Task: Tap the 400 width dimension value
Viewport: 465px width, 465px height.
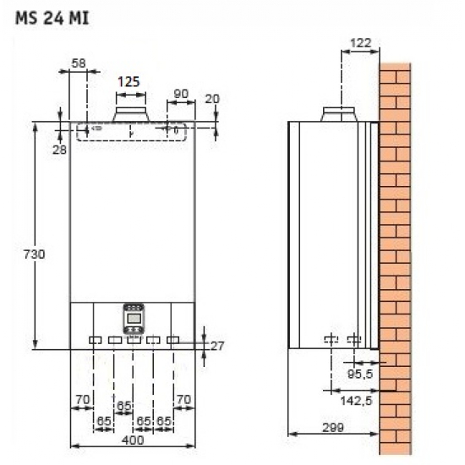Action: click(131, 439)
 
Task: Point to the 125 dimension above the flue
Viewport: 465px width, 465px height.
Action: click(129, 82)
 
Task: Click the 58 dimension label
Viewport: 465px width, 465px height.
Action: click(78, 63)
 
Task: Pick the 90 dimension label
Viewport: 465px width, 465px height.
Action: click(179, 92)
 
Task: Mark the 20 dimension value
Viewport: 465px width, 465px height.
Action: click(212, 98)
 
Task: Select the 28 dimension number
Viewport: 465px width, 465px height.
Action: click(59, 149)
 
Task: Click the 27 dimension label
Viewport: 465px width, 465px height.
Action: click(218, 345)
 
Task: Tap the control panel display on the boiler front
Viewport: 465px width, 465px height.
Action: click(132, 319)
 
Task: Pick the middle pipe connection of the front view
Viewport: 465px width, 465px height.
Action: click(133, 340)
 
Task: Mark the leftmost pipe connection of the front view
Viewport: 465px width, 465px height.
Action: click(94, 340)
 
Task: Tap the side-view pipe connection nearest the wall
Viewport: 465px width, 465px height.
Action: click(353, 340)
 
